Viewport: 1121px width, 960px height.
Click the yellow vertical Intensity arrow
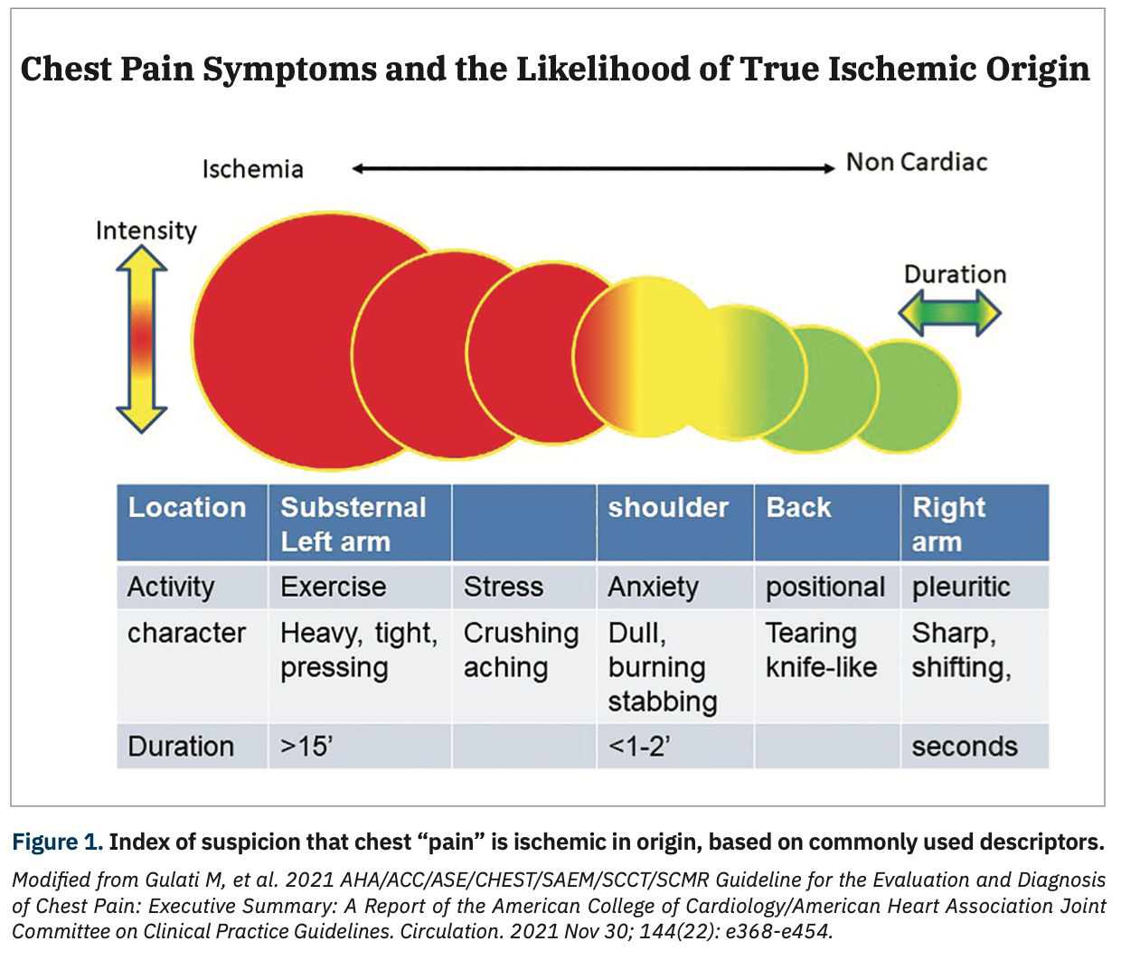(x=142, y=338)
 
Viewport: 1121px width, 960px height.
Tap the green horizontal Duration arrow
(x=949, y=313)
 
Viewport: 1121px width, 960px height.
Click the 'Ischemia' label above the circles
(x=252, y=169)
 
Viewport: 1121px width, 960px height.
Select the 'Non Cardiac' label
(x=916, y=163)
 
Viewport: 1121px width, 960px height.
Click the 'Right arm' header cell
(x=973, y=523)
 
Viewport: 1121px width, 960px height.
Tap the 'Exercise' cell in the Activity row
(x=333, y=587)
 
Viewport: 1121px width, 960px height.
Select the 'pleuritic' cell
(x=960, y=587)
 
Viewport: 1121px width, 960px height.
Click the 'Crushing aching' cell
(x=521, y=650)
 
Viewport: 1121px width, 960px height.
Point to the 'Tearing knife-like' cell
(x=821, y=650)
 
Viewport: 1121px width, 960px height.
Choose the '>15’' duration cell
(x=306, y=747)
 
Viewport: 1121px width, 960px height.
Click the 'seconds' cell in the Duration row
(x=964, y=747)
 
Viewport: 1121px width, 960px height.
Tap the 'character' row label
(x=186, y=633)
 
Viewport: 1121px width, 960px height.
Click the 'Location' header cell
(x=187, y=508)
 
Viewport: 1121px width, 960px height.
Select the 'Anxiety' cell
(x=653, y=587)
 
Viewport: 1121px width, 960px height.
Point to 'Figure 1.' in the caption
(x=57, y=842)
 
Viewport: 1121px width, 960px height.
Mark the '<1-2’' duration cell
(x=638, y=747)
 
